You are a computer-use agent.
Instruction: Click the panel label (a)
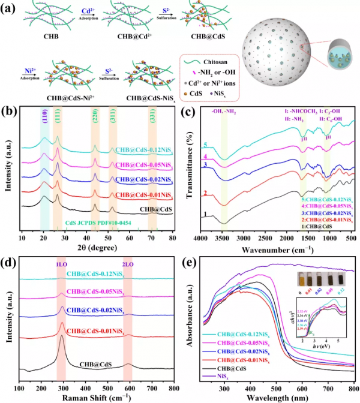[10, 8]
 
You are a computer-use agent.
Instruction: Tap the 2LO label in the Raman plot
[127, 264]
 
